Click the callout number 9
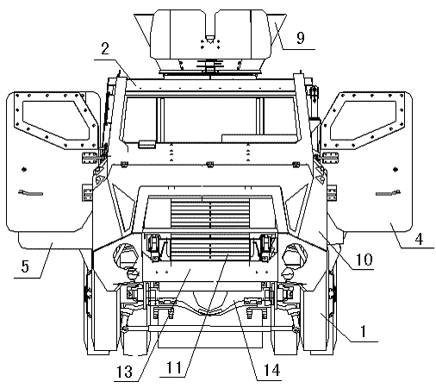(301, 38)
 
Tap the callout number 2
(105, 48)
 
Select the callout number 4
(419, 239)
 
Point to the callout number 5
(25, 266)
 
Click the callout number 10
(364, 260)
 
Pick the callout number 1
(364, 331)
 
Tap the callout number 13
(124, 372)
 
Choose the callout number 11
(174, 367)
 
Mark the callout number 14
(271, 370)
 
